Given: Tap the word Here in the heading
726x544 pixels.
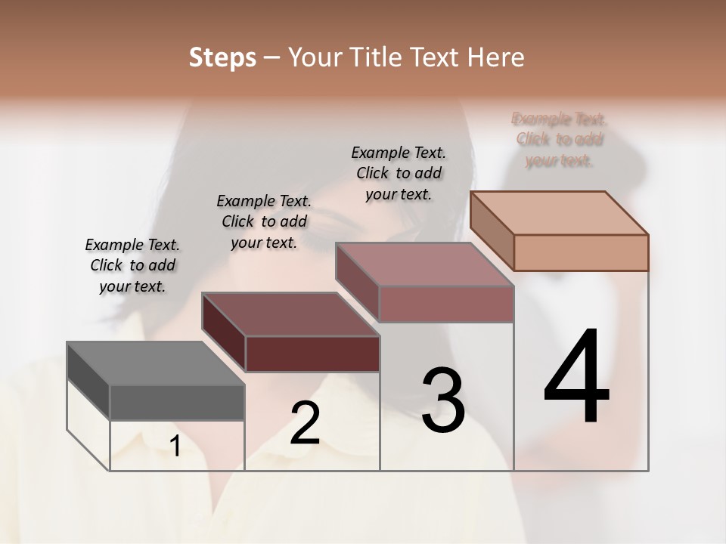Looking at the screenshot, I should click(496, 57).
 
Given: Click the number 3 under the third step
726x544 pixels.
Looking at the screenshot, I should click(442, 400).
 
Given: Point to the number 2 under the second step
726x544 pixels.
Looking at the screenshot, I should click(306, 423).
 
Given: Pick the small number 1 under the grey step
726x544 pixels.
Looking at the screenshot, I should click(175, 447).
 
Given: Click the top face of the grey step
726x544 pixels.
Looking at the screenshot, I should click(155, 363).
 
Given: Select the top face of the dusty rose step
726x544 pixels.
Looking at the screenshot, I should click(424, 264).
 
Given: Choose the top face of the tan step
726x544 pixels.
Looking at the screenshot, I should click(559, 213).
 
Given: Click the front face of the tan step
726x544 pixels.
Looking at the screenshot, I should click(581, 252).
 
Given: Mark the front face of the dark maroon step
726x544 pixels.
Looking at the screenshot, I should click(312, 354).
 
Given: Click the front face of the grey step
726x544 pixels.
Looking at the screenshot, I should click(177, 402).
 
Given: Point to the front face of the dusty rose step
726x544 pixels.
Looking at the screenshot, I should click(446, 304).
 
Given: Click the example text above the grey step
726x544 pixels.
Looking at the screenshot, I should click(132, 265).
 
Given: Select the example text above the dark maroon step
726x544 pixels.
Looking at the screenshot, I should click(264, 221).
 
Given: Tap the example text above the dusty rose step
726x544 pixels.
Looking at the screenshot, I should click(399, 173).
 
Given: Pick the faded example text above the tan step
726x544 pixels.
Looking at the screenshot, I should click(559, 140).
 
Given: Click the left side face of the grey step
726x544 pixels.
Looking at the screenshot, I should click(88, 381).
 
